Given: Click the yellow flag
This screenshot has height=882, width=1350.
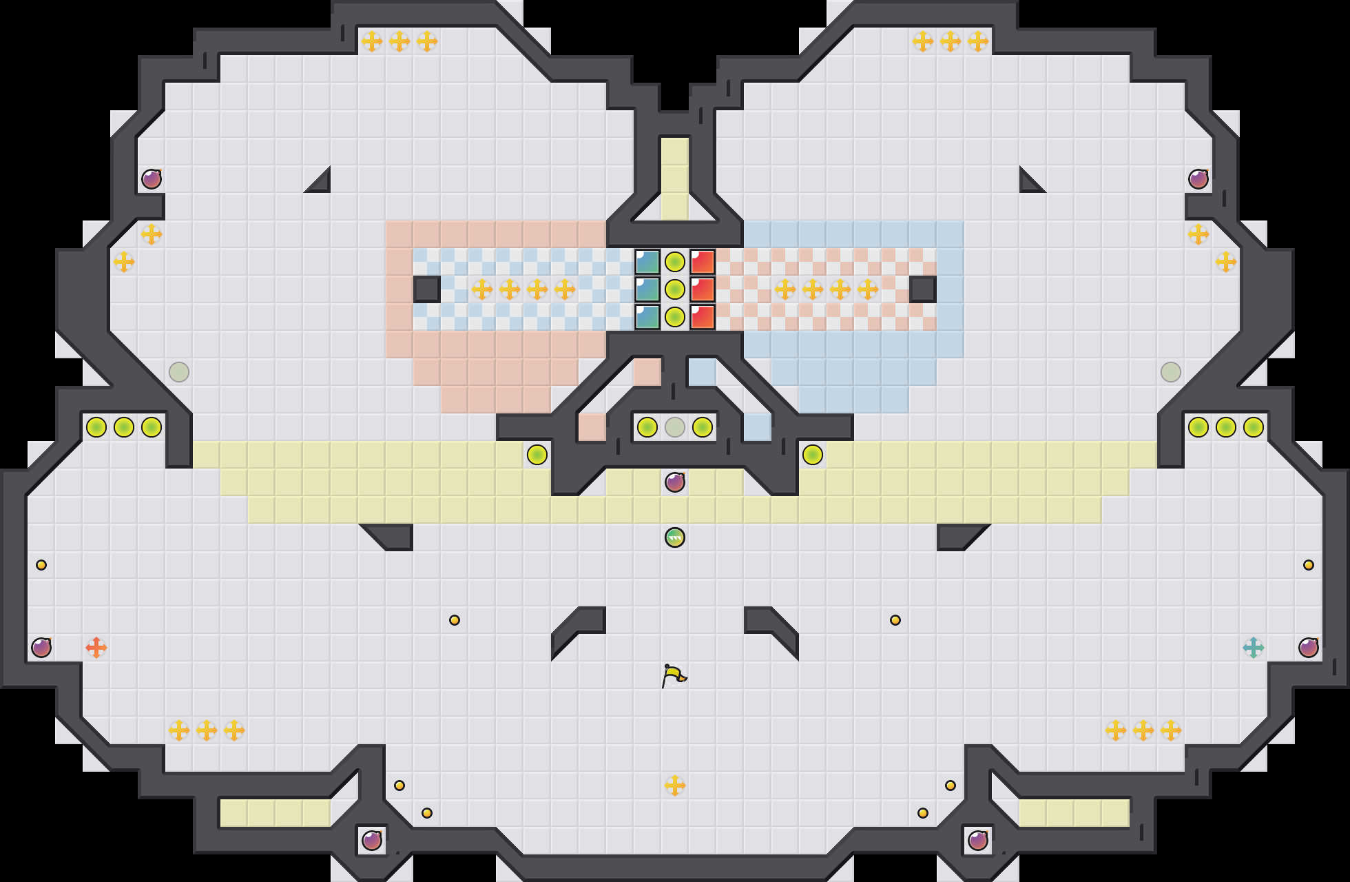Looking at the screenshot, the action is [x=674, y=675].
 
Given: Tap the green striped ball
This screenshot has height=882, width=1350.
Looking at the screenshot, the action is [x=675, y=537].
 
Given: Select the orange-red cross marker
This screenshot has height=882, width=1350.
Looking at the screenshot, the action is [x=96, y=648].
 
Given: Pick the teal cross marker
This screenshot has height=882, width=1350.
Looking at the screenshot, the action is [x=1254, y=648].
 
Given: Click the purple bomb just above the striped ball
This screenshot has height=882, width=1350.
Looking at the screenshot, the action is [x=675, y=482].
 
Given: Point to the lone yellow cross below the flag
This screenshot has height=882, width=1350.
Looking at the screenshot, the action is [x=675, y=786].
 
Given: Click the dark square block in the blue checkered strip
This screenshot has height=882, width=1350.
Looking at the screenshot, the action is [x=427, y=289].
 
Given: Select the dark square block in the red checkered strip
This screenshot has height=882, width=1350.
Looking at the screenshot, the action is [x=923, y=289].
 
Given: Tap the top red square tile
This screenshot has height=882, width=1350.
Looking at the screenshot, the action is [x=703, y=262].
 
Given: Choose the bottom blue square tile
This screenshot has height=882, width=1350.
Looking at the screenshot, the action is [x=647, y=317].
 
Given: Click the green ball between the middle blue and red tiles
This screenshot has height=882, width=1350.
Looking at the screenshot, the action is [x=675, y=289].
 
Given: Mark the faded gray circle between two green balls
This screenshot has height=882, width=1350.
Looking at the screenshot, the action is [x=675, y=427].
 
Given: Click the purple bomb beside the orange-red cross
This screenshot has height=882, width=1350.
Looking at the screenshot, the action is [x=41, y=648].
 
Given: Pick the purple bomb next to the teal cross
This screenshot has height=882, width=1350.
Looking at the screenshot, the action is [x=1309, y=648].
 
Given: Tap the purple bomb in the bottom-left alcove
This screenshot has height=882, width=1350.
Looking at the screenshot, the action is [x=372, y=841].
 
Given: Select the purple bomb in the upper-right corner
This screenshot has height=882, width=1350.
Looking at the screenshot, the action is [x=1198, y=179].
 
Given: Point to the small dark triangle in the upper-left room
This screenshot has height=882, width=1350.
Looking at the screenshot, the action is [x=321, y=183].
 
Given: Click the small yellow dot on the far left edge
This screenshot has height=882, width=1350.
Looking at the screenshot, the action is [x=41, y=565].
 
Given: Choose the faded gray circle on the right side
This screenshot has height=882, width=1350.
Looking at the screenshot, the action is [x=1171, y=372].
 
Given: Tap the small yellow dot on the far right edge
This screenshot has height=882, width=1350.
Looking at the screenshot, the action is [x=1309, y=565].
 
